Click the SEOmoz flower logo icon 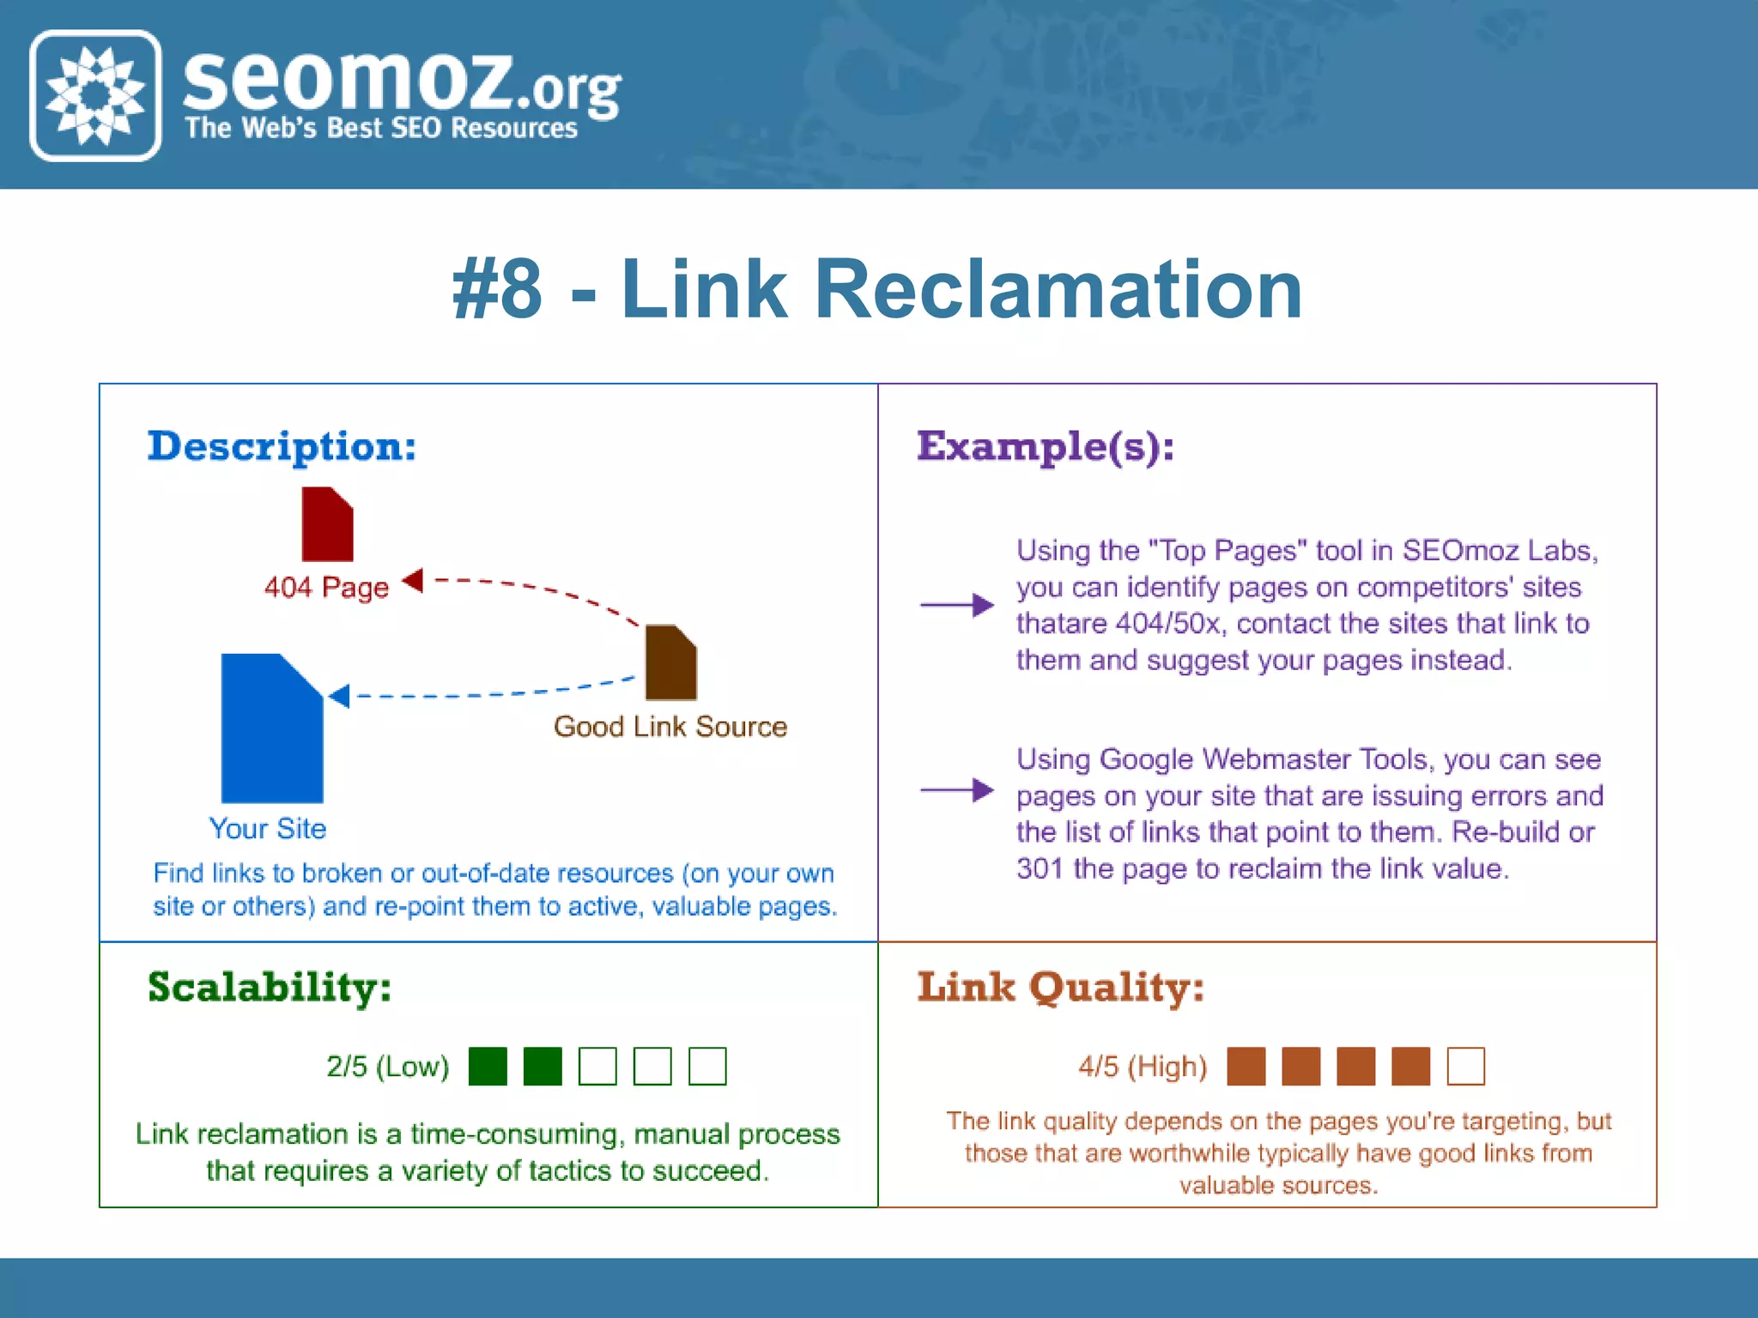point(95,95)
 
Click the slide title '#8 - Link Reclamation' point(877,290)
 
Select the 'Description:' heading point(282,446)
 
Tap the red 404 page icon point(327,524)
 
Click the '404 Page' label point(326,588)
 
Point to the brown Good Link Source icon point(670,662)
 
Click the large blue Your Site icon point(272,729)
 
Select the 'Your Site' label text point(268,829)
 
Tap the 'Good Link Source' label point(670,727)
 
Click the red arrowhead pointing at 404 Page point(414,581)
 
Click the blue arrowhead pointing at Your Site point(340,695)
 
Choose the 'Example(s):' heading point(1045,446)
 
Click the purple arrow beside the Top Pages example point(956,605)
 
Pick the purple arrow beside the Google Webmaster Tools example point(956,789)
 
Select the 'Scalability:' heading point(270,987)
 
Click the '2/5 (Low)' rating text point(387,1067)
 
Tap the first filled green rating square point(488,1067)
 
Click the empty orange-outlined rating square point(1465,1067)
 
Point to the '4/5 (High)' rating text point(1143,1067)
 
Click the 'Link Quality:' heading point(1060,987)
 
